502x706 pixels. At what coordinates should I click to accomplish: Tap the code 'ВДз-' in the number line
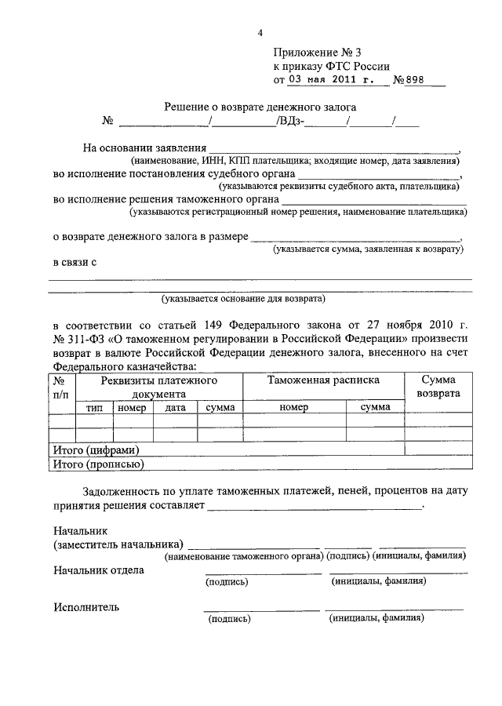289,122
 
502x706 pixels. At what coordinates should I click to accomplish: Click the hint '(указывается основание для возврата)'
243,299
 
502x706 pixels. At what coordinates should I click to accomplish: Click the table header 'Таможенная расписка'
323,380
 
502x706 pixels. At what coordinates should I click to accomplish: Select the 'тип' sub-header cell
94,407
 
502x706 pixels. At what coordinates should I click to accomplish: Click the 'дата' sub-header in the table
175,407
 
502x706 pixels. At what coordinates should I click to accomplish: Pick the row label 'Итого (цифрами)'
96,450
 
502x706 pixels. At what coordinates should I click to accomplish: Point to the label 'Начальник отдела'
98,570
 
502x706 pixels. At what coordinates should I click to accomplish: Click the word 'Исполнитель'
86,606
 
